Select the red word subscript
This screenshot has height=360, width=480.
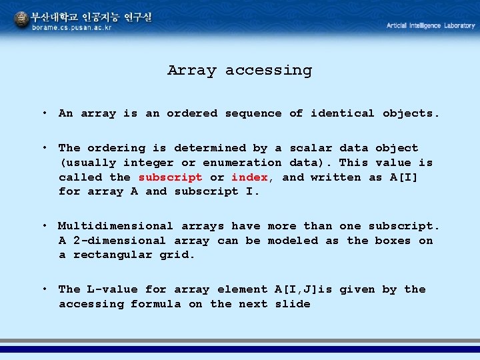coord(170,177)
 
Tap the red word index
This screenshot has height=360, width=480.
coord(249,177)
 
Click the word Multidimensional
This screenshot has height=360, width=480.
coord(115,227)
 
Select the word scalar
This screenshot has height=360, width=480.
coord(311,148)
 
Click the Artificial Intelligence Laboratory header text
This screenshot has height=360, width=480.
coord(431,25)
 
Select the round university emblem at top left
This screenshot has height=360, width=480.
coord(22,20)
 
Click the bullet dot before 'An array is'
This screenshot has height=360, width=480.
coord(43,113)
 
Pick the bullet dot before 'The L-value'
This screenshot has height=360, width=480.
coord(43,289)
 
